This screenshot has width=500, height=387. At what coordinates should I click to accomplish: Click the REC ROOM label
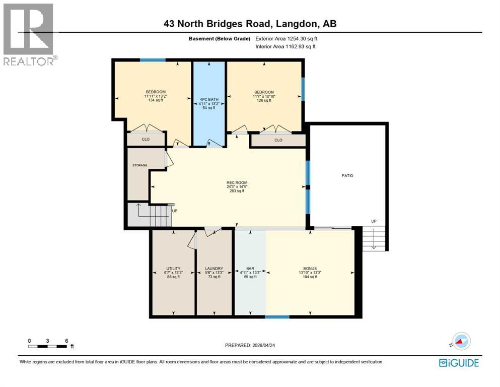pyautogui.click(x=236, y=182)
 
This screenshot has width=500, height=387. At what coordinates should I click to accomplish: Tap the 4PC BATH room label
pyautogui.click(x=208, y=99)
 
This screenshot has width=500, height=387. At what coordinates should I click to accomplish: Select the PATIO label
pyautogui.click(x=347, y=175)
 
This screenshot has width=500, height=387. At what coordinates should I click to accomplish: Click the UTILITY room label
pyautogui.click(x=173, y=269)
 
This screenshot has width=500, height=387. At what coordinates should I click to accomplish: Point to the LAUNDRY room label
pyautogui.click(x=214, y=269)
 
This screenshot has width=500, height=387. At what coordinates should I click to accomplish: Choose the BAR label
pyautogui.click(x=250, y=269)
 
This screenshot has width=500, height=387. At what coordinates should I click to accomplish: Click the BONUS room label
pyautogui.click(x=310, y=269)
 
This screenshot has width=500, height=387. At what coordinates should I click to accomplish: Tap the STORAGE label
pyautogui.click(x=139, y=164)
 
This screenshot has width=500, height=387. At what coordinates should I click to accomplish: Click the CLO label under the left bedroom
pyautogui.click(x=146, y=139)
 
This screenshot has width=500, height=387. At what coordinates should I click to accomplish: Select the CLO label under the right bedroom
pyautogui.click(x=278, y=140)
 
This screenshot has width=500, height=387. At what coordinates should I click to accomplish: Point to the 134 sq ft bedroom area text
pyautogui.click(x=155, y=100)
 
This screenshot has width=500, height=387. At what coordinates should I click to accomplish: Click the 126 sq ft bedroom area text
pyautogui.click(x=264, y=100)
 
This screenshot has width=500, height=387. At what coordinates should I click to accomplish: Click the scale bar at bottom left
pyautogui.click(x=48, y=346)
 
